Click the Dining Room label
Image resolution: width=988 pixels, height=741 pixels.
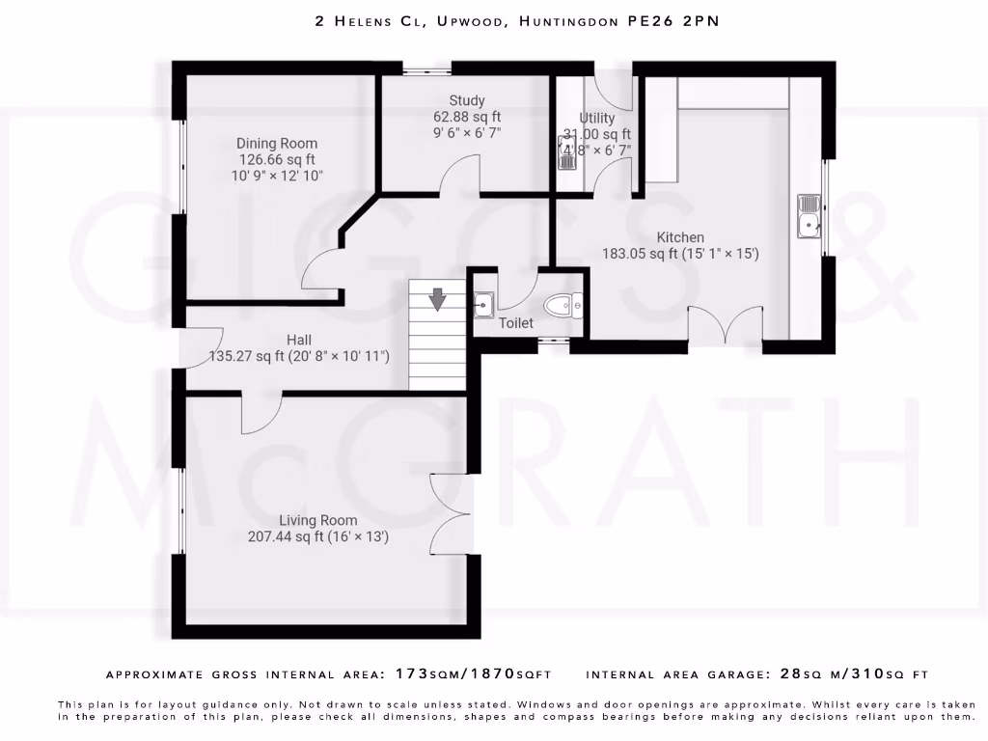[x=277, y=144]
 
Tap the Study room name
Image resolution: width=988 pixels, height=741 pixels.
[x=467, y=100]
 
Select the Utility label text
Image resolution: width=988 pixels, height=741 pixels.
[x=596, y=118]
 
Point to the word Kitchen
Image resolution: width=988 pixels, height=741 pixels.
[x=680, y=237]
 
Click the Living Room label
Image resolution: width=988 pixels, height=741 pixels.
[x=318, y=520]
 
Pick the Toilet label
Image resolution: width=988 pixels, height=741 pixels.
[x=515, y=323]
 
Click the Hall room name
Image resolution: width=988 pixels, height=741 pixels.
[x=298, y=340]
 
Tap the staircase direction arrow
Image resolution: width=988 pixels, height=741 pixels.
[x=438, y=299]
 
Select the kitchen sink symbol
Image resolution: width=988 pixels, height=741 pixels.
[x=809, y=215]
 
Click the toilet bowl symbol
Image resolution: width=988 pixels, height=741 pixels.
[x=562, y=306]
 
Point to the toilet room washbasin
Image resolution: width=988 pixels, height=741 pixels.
[x=484, y=306]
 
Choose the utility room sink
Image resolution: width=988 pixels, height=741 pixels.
[x=566, y=152]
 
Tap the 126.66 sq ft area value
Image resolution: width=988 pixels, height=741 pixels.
[x=277, y=160]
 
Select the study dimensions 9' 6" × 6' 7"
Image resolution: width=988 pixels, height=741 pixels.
[x=467, y=133]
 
